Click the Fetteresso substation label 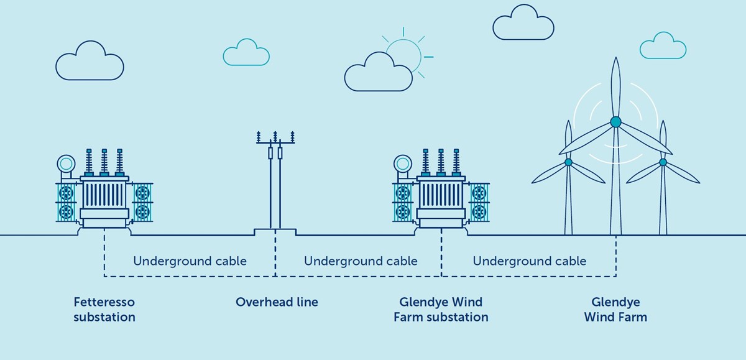(x=104, y=310)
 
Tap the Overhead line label (x=277, y=303)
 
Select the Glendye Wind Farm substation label (x=441, y=310)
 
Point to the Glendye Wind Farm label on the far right (x=615, y=310)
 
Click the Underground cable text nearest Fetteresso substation (x=190, y=261)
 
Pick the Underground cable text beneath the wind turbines (x=529, y=261)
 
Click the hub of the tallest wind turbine (x=615, y=122)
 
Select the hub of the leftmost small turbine (x=568, y=162)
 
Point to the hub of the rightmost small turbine (x=663, y=162)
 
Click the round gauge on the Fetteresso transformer (x=65, y=164)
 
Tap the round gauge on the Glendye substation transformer (x=402, y=164)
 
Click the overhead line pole (x=275, y=187)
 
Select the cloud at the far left (x=90, y=62)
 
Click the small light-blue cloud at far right (x=663, y=47)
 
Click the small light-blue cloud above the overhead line (x=246, y=53)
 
